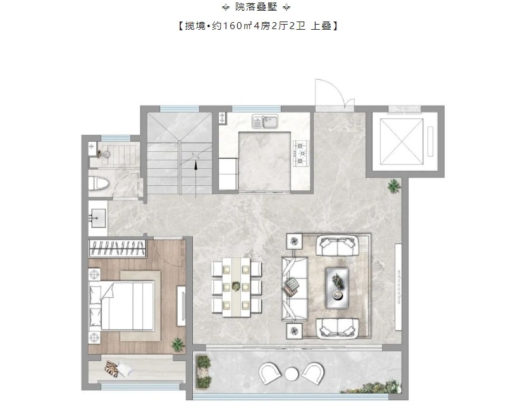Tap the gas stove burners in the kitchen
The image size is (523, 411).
point(301,154)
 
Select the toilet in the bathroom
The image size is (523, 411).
point(99,184)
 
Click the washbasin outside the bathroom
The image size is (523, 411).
point(97,218)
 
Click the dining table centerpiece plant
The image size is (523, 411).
point(236,286)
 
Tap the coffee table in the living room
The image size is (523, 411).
point(337,288)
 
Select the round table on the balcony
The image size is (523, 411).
point(292,374)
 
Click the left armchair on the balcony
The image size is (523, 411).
point(270,372)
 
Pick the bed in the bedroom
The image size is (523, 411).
point(121,305)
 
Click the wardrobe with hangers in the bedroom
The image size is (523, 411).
point(118,248)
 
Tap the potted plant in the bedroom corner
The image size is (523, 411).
point(178,344)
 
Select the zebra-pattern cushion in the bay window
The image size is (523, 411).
point(111,369)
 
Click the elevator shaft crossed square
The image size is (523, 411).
point(402,141)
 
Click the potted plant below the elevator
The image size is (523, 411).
point(394,185)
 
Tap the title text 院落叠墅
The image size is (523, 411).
point(256,7)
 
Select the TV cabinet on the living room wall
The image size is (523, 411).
point(398,287)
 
